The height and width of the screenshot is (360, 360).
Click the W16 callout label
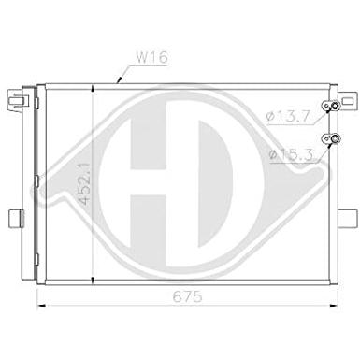click(x=152, y=57)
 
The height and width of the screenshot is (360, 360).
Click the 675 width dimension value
click(x=187, y=296)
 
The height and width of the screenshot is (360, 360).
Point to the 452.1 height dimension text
click(x=83, y=183)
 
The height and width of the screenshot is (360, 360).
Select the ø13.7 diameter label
click(x=288, y=117)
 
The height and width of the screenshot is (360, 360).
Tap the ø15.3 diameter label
click(x=291, y=154)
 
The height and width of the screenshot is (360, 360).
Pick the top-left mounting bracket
click(x=15, y=99)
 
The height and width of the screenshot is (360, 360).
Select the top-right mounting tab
click(x=347, y=101)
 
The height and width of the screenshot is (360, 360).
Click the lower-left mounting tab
click(x=16, y=219)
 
